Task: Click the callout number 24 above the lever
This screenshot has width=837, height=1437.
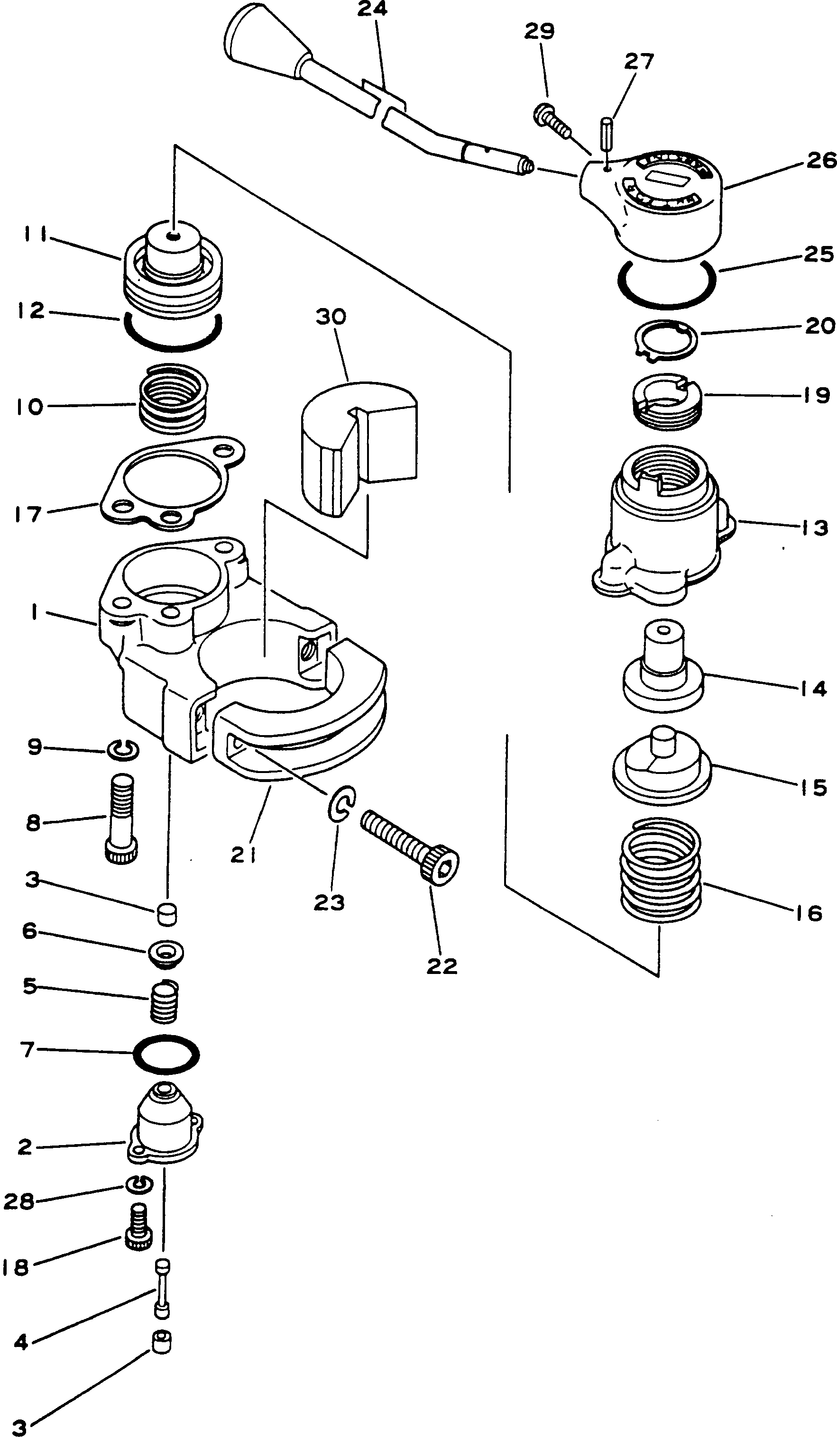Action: click(372, 9)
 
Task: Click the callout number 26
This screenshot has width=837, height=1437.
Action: click(821, 160)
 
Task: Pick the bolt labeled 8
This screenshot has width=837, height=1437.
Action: click(121, 819)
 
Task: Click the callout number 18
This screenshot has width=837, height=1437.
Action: click(14, 1268)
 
